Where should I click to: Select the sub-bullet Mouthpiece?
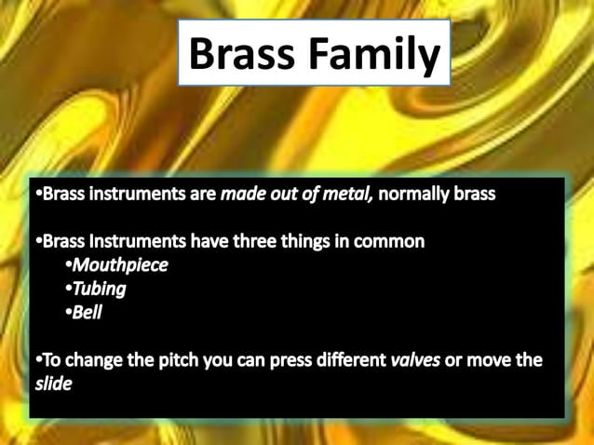tap(120, 265)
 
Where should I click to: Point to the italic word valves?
tap(415, 359)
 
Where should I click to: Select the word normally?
tap(416, 195)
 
